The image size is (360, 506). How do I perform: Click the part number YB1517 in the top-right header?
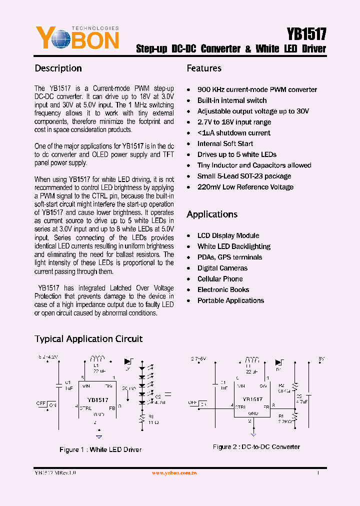point(306,34)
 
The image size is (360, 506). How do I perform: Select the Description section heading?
point(58,68)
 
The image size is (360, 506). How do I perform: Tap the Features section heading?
point(204,68)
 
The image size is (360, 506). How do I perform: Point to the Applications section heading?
point(212,214)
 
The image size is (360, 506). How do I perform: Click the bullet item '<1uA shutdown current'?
point(233,133)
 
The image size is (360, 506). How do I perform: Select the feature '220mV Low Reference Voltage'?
point(245,187)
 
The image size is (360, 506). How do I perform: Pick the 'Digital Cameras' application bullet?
point(222,268)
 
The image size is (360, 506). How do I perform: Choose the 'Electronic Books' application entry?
point(223,289)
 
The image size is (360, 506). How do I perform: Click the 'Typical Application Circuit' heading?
point(88,339)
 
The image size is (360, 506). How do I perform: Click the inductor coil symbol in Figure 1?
point(97,358)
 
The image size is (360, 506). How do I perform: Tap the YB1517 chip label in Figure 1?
point(97,400)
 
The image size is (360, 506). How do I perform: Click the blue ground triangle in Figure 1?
point(98,437)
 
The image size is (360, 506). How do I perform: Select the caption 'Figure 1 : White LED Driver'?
point(100,449)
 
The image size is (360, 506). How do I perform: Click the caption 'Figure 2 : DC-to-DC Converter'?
point(256,446)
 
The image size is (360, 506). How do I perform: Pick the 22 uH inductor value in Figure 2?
point(251,372)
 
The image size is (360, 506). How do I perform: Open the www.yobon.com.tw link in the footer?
point(174,473)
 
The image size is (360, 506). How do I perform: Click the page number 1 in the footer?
point(318,472)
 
